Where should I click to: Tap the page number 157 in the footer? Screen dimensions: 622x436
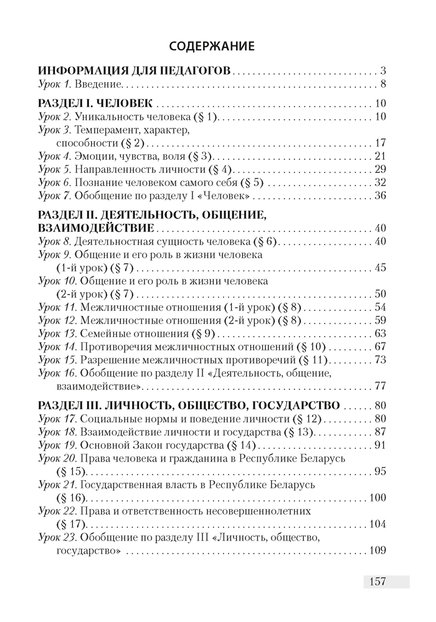coord(377,582)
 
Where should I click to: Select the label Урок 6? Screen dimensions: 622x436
coord(56,182)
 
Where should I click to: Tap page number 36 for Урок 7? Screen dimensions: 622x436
coord(381,196)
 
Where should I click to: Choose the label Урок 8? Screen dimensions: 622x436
coord(56,241)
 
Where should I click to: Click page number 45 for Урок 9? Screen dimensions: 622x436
coord(381,267)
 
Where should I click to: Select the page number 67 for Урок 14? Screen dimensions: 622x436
coord(381,346)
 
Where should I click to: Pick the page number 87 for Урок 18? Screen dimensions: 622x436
coord(381,432)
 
